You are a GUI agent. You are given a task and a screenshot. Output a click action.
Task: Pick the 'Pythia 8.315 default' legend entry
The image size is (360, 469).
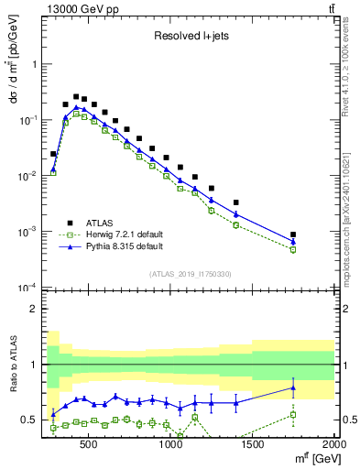(120, 247)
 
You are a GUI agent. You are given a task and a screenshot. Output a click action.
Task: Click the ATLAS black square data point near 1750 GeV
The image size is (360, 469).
(293, 234)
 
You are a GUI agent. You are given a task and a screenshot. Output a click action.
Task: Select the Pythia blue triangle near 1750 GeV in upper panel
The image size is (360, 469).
(293, 242)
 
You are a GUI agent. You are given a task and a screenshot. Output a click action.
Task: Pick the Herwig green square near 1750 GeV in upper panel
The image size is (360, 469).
(293, 249)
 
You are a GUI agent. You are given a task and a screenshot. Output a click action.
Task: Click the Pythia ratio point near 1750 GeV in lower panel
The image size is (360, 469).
(293, 387)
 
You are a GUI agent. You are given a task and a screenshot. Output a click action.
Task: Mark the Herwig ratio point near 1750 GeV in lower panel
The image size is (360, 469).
(293, 415)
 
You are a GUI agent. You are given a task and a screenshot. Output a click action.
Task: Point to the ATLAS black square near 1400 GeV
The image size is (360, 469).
(236, 202)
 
